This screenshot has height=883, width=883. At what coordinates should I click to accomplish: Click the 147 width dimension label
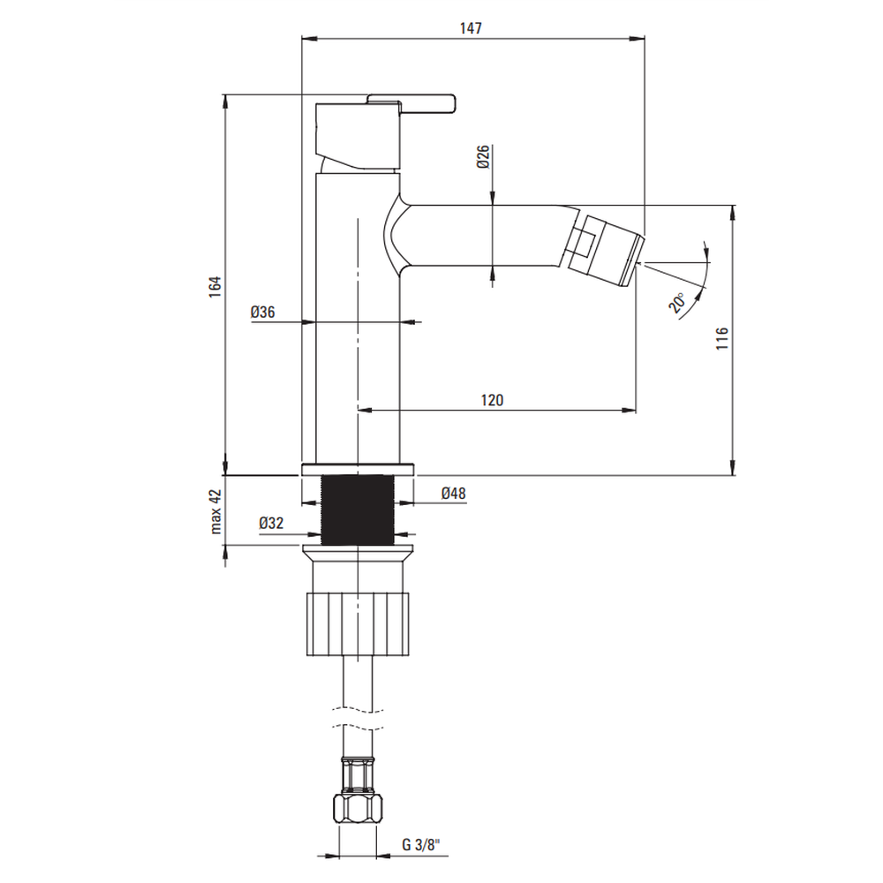471,28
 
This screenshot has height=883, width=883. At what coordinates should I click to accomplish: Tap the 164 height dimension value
215,287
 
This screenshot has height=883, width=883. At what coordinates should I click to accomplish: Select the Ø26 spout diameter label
483,156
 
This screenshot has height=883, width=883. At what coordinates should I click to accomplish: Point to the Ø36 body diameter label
263,312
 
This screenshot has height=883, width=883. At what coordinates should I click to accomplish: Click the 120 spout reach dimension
492,400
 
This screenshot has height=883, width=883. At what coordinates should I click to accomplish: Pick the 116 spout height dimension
722,338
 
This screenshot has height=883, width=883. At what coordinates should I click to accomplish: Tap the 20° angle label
677,303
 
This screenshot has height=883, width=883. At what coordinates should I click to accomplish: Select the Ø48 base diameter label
453,494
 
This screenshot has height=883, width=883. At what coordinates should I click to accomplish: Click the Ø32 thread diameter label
271,523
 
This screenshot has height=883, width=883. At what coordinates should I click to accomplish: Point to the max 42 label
215,511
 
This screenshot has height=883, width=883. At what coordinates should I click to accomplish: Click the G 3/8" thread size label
420,845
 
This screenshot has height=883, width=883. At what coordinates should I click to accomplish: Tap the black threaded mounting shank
358,510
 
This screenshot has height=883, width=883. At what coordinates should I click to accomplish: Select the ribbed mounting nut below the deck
358,624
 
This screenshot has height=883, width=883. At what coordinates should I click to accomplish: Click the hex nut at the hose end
358,809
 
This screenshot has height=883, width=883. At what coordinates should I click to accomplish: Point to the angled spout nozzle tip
606,250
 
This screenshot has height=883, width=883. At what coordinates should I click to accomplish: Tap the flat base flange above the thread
358,470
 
